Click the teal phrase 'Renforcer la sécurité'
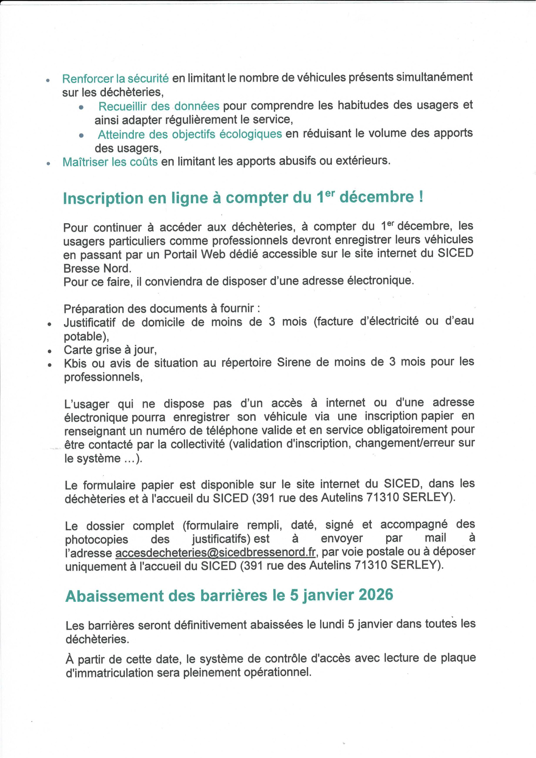[x=115, y=79]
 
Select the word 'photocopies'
[x=96, y=539]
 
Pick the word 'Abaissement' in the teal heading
[x=115, y=596]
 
